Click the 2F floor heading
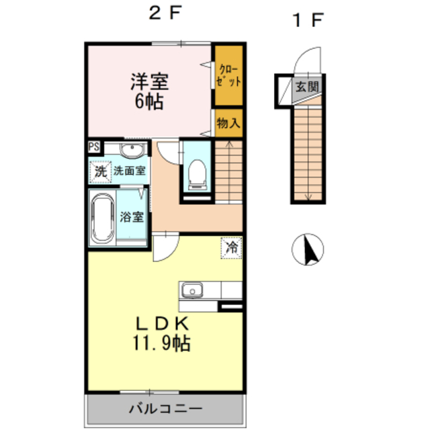(165, 13)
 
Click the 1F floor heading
(308, 20)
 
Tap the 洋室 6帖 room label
(149, 91)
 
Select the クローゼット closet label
(228, 75)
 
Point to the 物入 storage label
(228, 123)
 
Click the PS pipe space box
(94, 146)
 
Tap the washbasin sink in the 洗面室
(132, 150)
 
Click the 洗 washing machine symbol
(100, 172)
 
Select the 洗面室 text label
(130, 171)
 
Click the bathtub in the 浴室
(103, 218)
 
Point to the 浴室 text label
(132, 217)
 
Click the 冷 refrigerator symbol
(231, 248)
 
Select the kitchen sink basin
(192, 291)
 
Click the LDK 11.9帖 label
(161, 334)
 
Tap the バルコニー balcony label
(165, 409)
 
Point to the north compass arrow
(311, 249)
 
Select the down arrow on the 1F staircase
(308, 153)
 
